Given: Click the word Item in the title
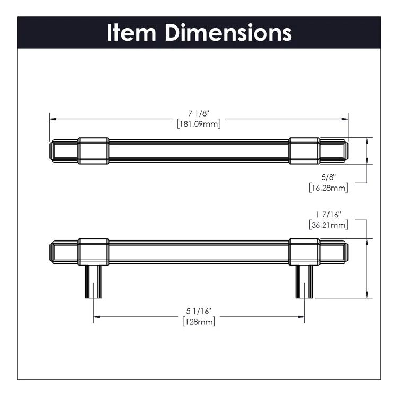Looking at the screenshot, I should [x=132, y=33].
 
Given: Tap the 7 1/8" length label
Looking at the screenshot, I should [x=198, y=113].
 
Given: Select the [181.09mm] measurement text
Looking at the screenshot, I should [x=198, y=123].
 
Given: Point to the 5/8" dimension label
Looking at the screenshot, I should [x=330, y=177].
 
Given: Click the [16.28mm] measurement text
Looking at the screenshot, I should [x=328, y=188].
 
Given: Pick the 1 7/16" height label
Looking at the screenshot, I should [x=328, y=215].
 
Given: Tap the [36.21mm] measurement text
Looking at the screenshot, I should [x=328, y=225].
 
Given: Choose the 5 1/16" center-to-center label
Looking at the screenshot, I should [x=198, y=312].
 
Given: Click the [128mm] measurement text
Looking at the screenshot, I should [x=198, y=322].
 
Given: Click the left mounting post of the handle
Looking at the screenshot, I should [x=93, y=281].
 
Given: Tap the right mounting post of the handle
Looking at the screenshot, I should [x=304, y=281].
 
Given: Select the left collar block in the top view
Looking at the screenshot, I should [x=93, y=150].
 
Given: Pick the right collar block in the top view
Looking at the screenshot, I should [x=304, y=150].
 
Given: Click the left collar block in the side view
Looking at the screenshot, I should [x=93, y=252].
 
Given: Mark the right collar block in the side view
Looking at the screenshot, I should [x=304, y=252].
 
